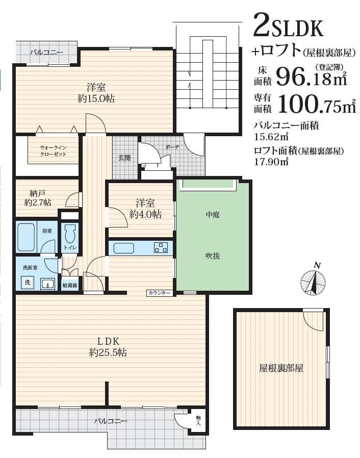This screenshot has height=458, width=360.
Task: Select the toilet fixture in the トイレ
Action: click(70, 233)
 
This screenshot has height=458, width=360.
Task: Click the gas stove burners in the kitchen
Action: click(161, 248)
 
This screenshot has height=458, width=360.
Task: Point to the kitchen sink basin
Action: click(124, 248)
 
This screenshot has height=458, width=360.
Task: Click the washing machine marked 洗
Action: click(28, 282)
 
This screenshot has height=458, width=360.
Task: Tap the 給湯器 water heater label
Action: click(70, 286)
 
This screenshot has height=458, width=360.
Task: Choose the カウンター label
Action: click(159, 293)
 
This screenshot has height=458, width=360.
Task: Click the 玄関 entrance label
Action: click(124, 158)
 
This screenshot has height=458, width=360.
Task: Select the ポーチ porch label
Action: click(172, 147)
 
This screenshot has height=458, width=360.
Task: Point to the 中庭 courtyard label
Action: click(213, 215)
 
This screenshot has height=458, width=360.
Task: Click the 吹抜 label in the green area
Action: click(213, 256)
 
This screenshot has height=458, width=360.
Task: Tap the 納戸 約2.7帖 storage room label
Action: click(38, 198)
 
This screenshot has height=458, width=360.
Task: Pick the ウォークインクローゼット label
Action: click(53, 151)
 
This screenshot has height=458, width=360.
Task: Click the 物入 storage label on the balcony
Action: click(198, 420)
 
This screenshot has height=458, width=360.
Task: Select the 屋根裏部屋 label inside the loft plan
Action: click(281, 368)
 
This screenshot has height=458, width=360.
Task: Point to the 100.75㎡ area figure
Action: click(317, 104)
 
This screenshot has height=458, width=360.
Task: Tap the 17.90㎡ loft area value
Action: click(271, 162)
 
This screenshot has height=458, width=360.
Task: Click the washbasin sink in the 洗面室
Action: click(47, 284)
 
